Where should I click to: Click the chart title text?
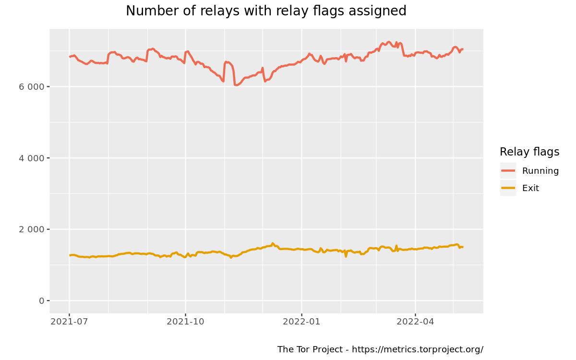(x=266, y=11)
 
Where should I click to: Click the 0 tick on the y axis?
(x=41, y=301)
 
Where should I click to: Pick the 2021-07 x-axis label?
(x=69, y=322)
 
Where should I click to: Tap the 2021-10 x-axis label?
(x=185, y=322)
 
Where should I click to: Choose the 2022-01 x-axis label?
(x=301, y=322)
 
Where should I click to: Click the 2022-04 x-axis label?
(x=415, y=322)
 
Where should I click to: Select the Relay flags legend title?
(x=529, y=152)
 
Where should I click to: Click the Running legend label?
(x=540, y=171)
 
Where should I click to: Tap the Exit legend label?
(x=530, y=188)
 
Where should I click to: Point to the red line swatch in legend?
(x=508, y=171)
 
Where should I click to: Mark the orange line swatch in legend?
(x=508, y=188)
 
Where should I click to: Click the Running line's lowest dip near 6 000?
(x=236, y=85)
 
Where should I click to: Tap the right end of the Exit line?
(x=463, y=247)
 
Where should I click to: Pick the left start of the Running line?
(x=70, y=57)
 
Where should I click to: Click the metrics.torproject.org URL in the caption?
(x=418, y=349)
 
